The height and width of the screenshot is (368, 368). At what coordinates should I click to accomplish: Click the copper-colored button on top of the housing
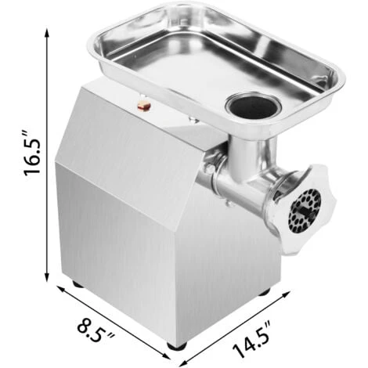(x=144, y=103)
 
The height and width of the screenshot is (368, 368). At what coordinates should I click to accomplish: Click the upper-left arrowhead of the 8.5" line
(x=57, y=289)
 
